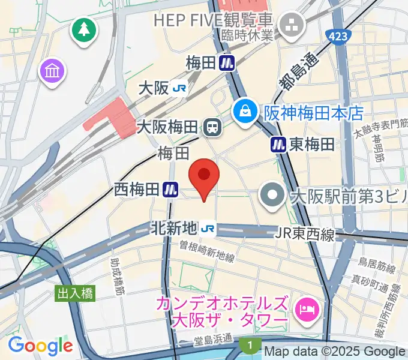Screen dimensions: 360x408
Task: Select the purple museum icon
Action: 52,72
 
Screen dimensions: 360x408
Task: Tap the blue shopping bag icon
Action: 245,110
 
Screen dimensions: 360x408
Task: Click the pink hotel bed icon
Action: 307,310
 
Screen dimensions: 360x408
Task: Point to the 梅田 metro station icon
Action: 227,62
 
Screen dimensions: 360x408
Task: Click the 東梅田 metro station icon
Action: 278,144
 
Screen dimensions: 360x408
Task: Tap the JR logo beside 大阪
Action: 179,89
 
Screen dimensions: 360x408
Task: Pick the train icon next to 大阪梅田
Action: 211,127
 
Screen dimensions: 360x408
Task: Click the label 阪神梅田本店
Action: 314,112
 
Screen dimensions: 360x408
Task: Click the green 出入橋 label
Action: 76,293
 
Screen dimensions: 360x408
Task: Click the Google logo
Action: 40,346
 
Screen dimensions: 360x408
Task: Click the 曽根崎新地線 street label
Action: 206,250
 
